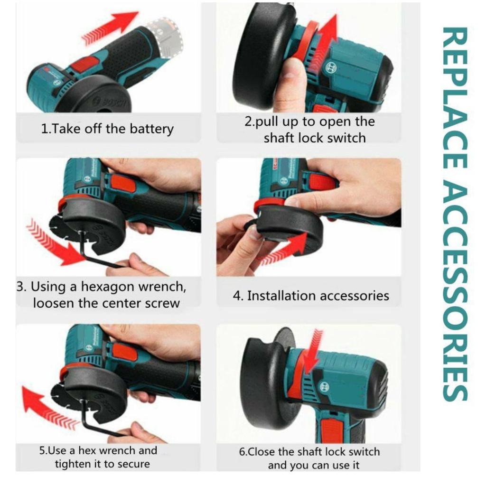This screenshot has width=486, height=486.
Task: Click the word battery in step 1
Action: click(151, 130)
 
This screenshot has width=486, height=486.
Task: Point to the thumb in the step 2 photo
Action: click(290, 81)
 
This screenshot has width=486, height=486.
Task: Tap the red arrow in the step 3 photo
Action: click(53, 242)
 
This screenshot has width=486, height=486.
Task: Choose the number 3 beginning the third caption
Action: click(20, 287)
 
